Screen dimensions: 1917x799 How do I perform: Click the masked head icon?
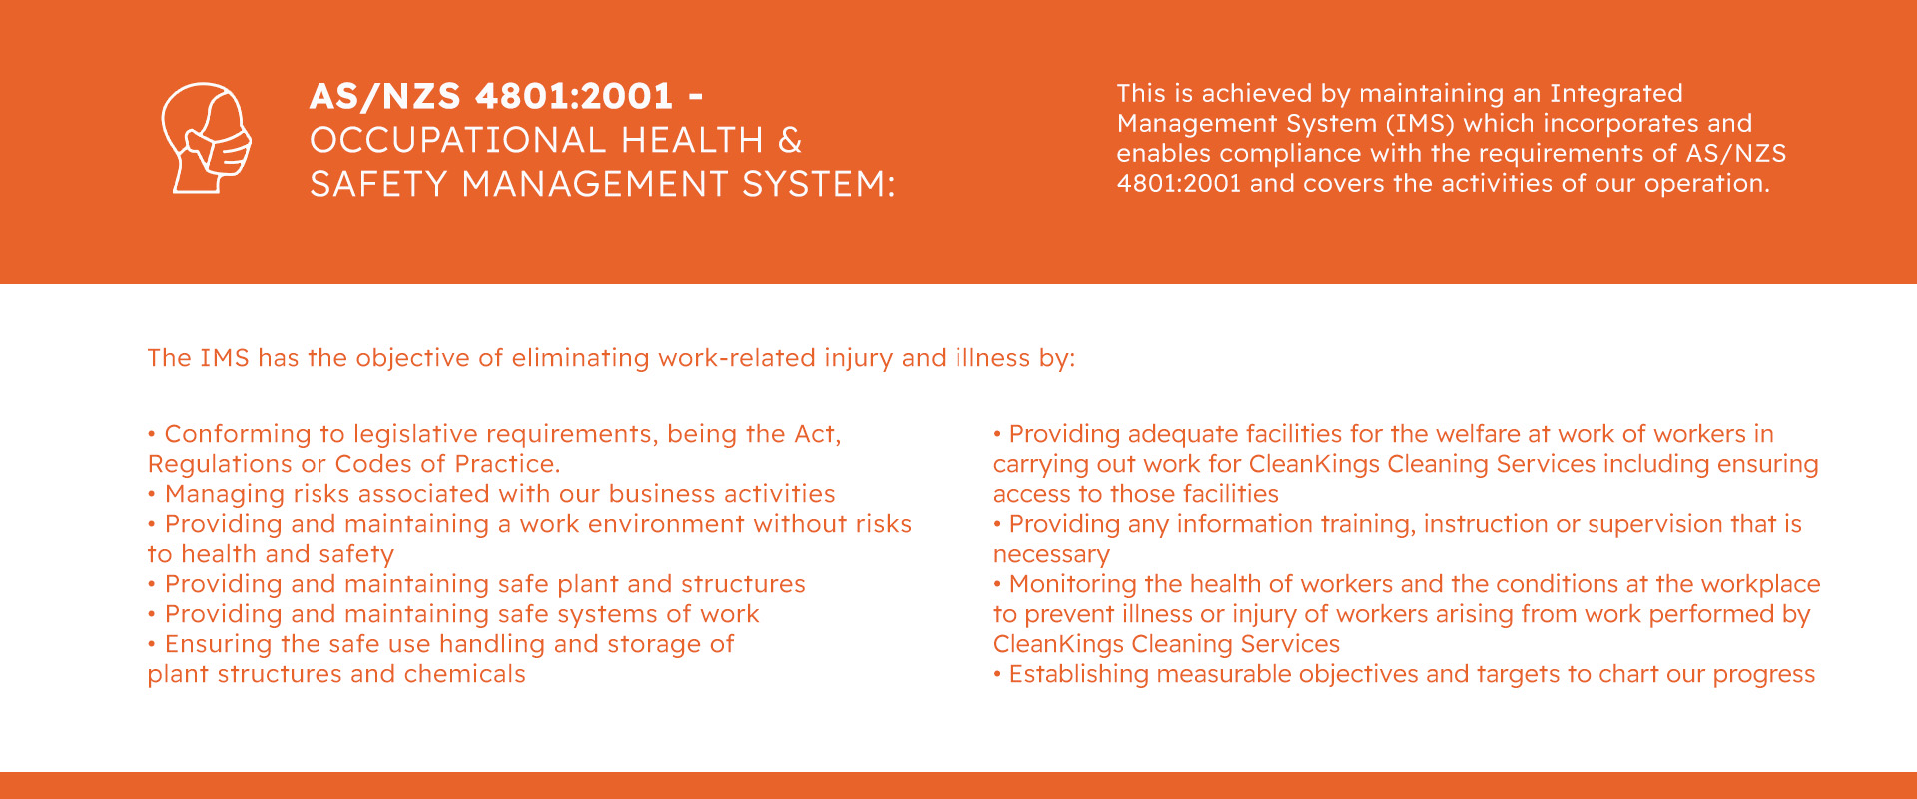[x=207, y=138]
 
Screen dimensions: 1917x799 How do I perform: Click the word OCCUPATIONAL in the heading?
[x=457, y=140]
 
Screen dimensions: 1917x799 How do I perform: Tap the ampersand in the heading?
[x=790, y=140]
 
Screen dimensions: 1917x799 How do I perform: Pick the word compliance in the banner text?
[x=1289, y=154]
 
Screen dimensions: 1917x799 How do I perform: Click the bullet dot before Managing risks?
[x=152, y=494]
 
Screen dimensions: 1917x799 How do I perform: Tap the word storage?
[x=654, y=645]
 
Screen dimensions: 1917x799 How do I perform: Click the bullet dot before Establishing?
[x=996, y=674]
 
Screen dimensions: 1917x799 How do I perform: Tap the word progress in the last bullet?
[x=1764, y=675]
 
